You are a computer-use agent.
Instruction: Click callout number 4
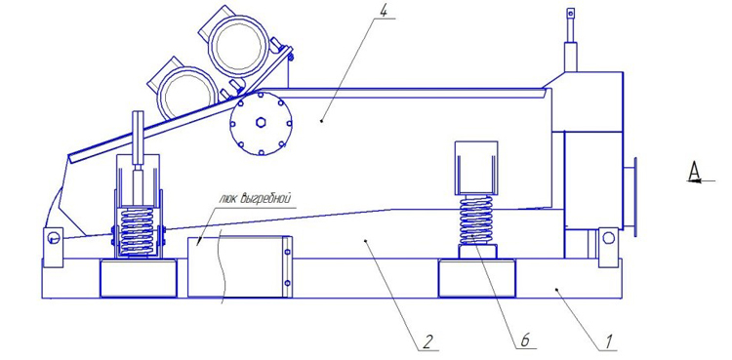[x=384, y=12]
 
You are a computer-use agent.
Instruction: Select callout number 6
[x=526, y=340]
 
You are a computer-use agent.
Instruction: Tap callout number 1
[x=608, y=341]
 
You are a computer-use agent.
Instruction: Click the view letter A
[x=695, y=172]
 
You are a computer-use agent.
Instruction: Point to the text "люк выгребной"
[x=256, y=198]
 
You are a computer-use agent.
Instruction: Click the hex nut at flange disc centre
[x=261, y=123]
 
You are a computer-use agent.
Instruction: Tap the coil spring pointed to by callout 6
[x=476, y=220]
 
